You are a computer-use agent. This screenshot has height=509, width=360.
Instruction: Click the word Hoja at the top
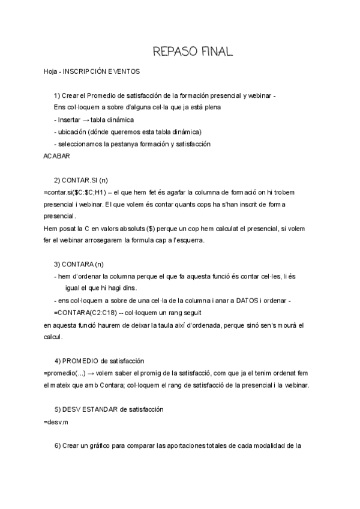(x=51, y=71)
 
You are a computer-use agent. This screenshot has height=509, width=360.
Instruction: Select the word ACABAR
(x=58, y=156)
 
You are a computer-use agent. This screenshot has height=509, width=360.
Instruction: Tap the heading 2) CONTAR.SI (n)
(x=80, y=180)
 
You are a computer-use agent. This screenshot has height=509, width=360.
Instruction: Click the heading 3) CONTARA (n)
(x=79, y=264)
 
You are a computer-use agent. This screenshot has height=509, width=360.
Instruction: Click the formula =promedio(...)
(x=65, y=373)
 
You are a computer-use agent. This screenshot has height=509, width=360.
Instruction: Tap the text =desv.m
(x=56, y=421)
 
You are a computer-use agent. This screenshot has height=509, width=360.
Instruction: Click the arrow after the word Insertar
(x=86, y=120)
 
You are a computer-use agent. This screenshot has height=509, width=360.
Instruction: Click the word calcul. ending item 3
(x=53, y=337)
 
